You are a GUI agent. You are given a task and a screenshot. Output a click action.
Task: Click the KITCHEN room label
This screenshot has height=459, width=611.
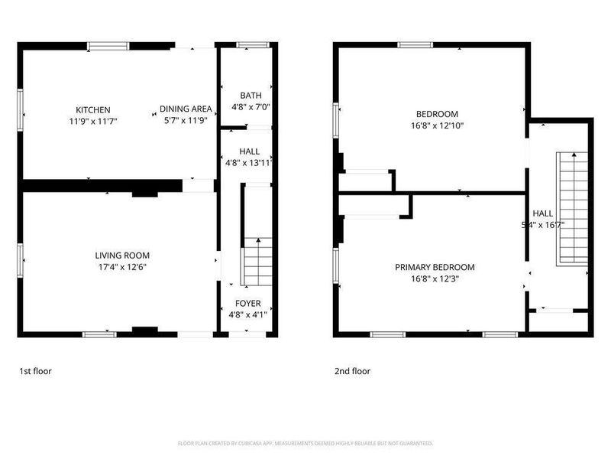[93, 110]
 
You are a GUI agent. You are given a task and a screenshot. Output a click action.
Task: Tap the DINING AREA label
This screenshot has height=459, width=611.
[186, 109]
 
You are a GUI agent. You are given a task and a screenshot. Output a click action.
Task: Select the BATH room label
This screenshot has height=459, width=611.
[251, 96]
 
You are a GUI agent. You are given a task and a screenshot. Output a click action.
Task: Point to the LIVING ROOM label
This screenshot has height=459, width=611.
[122, 256]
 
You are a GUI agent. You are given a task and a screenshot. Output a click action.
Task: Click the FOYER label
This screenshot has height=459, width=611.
[248, 304]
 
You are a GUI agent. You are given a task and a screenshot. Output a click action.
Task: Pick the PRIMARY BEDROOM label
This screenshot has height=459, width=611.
[435, 268]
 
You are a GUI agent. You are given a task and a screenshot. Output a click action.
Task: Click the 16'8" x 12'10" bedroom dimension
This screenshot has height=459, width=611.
[437, 125]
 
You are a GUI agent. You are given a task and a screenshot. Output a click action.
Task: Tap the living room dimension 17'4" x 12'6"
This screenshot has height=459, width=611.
[122, 267]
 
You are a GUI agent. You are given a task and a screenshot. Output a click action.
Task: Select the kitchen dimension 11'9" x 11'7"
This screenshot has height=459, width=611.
[93, 121]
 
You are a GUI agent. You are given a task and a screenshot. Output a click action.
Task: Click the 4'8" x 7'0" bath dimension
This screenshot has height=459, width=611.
[251, 107]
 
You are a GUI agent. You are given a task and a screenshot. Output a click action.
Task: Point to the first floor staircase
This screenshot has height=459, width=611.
[258, 260]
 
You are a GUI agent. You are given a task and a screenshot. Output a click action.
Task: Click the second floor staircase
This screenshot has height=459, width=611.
[572, 207]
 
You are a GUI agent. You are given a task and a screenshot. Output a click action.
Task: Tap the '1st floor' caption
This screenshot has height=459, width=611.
[35, 371]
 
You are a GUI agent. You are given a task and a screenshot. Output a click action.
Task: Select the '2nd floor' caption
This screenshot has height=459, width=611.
[352, 371]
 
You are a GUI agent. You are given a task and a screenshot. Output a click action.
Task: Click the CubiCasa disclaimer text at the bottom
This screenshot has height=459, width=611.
[305, 443]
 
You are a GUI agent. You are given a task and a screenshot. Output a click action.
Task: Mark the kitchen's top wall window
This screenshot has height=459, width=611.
[108, 47]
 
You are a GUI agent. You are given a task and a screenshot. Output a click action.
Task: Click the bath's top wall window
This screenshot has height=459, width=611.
[248, 46]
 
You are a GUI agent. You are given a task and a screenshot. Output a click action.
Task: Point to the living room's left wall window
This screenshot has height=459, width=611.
[21, 259]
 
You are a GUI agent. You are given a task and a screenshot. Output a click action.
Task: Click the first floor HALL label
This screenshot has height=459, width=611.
[249, 151]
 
